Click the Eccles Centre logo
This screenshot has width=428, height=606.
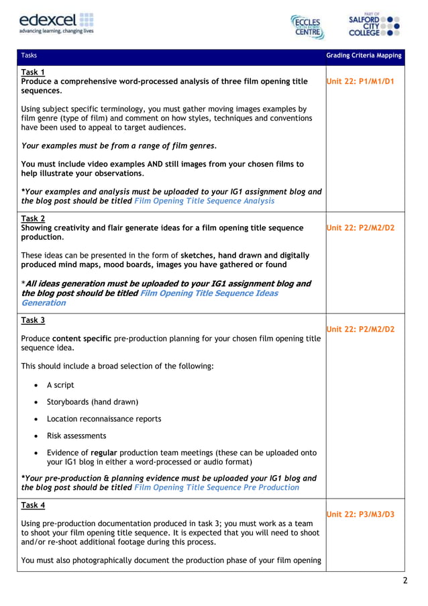click(307, 27)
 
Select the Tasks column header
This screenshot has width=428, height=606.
click(30, 56)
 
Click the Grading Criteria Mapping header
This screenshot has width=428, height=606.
click(364, 56)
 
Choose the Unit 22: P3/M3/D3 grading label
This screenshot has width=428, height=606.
click(360, 514)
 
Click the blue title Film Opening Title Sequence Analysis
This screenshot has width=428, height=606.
click(204, 201)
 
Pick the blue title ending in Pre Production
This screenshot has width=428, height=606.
click(217, 487)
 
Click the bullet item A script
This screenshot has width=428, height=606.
click(60, 385)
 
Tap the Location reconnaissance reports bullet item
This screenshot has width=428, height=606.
click(104, 419)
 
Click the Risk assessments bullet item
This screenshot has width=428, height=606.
click(76, 436)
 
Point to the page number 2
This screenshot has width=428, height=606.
click(405, 581)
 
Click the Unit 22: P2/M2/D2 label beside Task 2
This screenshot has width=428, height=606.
click(360, 228)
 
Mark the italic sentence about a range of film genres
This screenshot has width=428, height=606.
click(119, 146)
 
